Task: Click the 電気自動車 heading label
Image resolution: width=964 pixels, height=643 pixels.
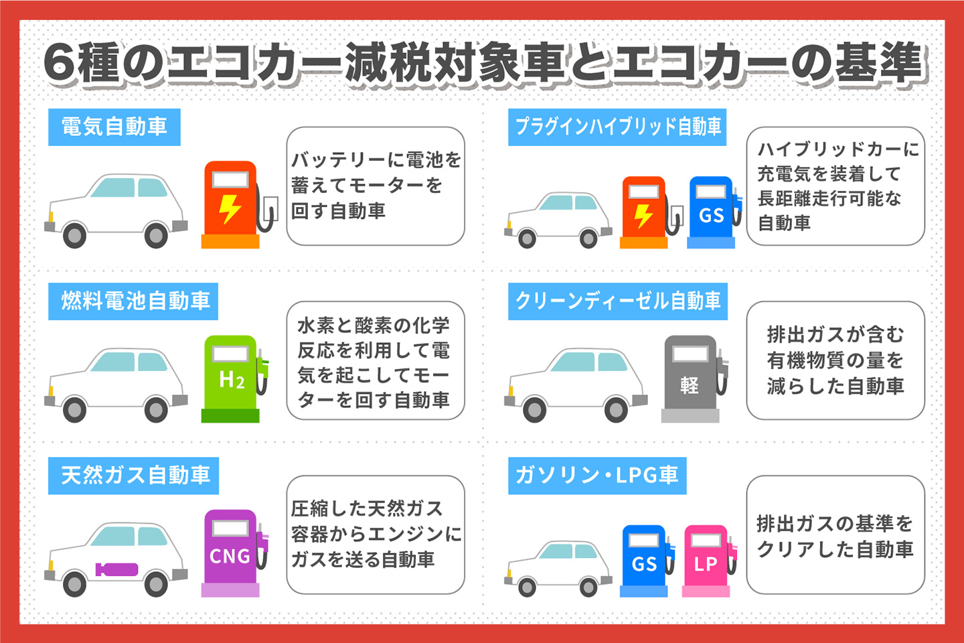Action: click(114, 127)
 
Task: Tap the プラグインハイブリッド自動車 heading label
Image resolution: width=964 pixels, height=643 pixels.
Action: click(617, 127)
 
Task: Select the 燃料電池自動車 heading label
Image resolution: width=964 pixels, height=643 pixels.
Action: click(133, 301)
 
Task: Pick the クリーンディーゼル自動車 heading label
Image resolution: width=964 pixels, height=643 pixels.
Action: click(617, 301)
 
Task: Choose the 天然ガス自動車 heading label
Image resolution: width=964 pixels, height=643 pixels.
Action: click(133, 476)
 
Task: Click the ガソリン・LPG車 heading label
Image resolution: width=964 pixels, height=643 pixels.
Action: click(596, 476)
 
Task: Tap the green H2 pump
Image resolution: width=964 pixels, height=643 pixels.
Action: click(232, 378)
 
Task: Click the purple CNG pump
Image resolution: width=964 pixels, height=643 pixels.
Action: click(232, 553)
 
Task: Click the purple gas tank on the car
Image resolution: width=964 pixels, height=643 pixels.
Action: click(116, 570)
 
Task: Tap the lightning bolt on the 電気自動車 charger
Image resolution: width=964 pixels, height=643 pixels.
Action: click(230, 208)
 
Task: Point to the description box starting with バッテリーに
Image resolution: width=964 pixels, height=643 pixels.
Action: click(375, 186)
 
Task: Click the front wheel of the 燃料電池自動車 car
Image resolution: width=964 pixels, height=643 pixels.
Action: click(74, 409)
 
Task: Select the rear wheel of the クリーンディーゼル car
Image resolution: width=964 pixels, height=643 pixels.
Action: click(616, 409)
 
